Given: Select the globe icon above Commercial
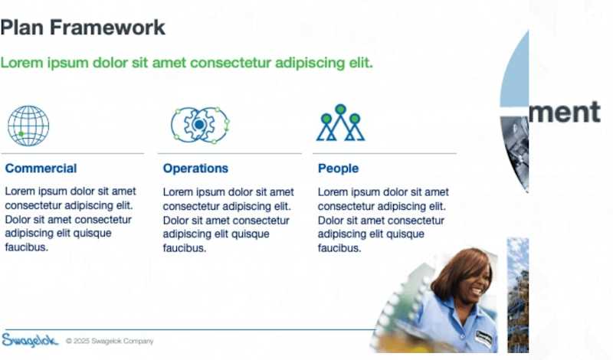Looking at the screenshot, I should pos(28,126).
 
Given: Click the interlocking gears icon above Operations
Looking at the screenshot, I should pos(199,124).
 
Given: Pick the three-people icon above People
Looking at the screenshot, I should pos(340,123).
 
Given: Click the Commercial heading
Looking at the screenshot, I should pos(41,169).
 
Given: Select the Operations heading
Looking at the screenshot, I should pos(195,169).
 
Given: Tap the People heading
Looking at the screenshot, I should pos(338,169).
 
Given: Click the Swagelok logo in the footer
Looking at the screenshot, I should pos(30,340).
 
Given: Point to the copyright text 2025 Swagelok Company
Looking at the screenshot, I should pos(110,341).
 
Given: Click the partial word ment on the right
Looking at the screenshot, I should pos(565,112).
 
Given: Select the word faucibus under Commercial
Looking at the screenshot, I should pos(26,247).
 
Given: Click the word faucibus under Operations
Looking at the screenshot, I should pos(185,248).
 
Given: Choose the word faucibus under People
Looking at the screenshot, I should pos(339,248).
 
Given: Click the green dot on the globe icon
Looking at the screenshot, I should pos(21,134).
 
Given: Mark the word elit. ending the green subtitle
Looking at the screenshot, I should pos(359,62).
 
